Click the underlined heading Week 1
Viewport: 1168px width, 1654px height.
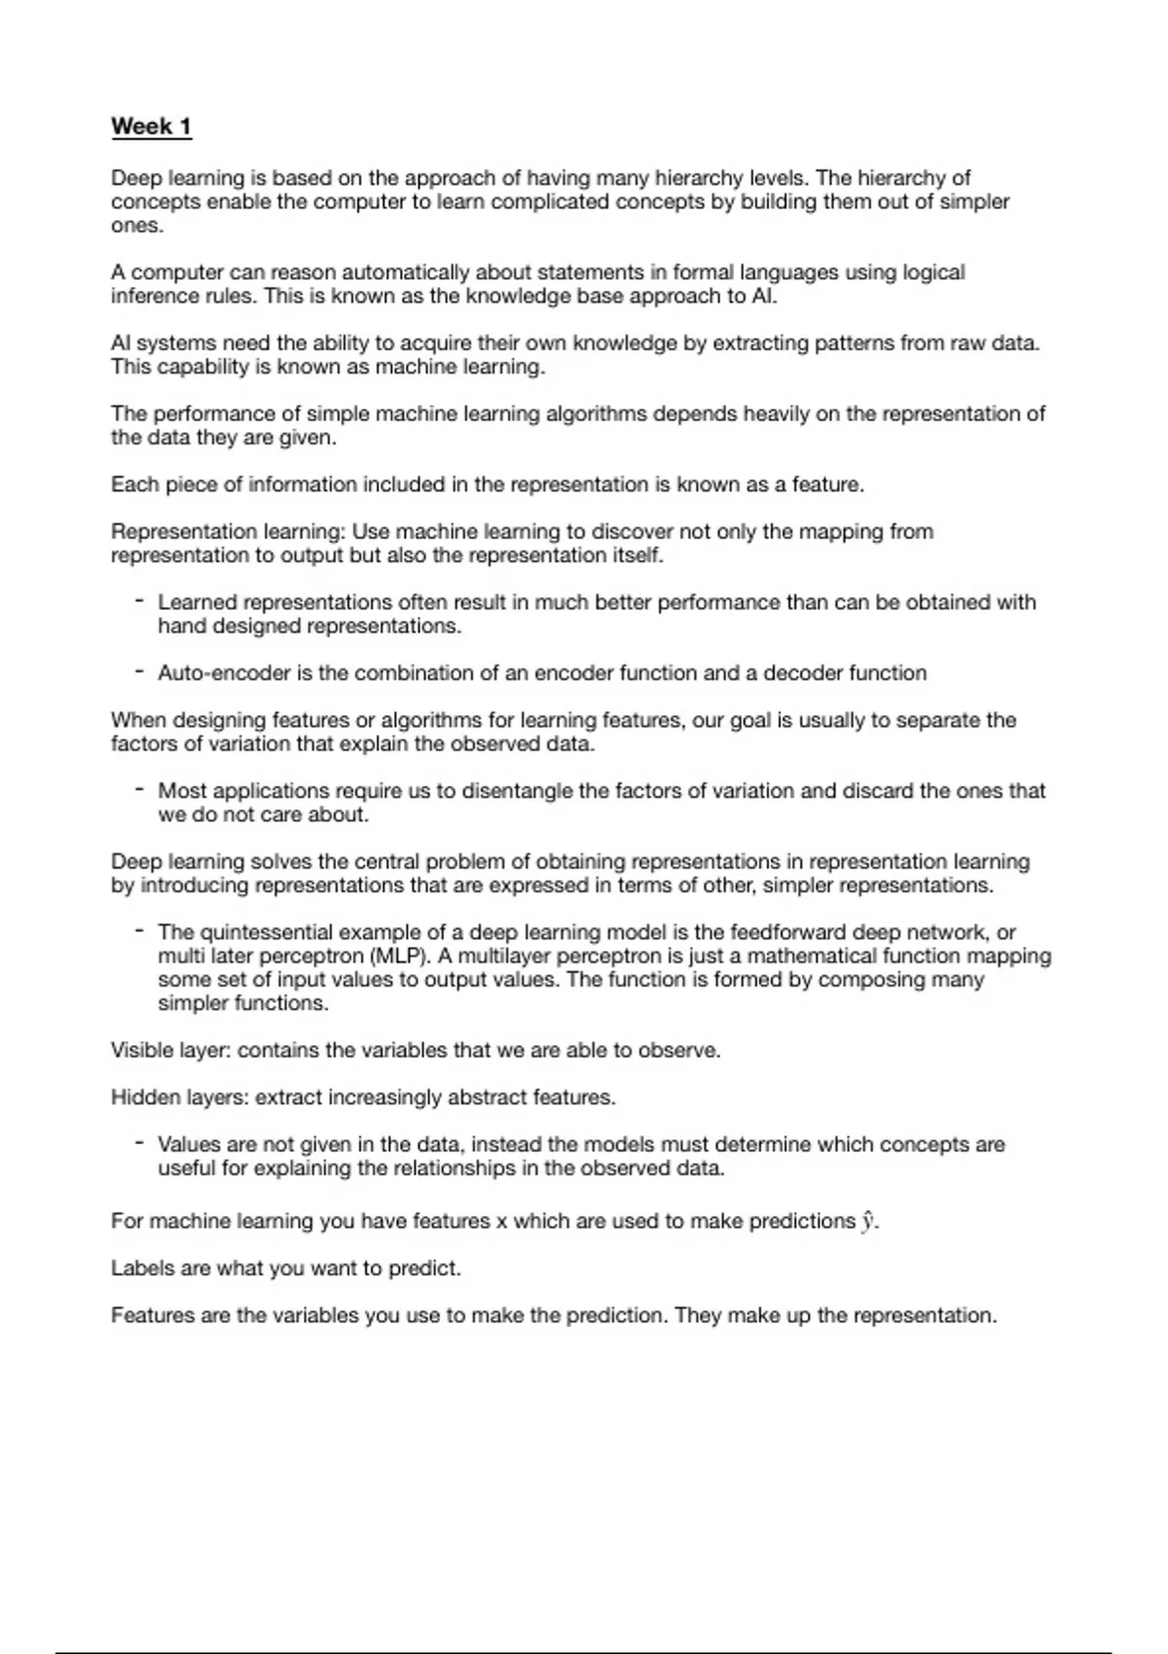click(151, 126)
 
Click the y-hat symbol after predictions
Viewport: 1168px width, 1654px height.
click(868, 1222)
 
